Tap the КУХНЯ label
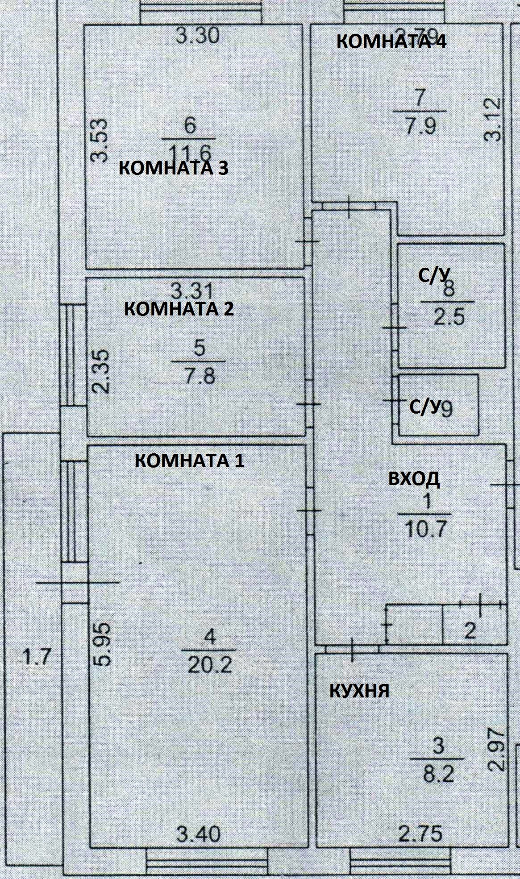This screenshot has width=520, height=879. tap(359, 691)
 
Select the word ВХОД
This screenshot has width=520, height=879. tap(414, 479)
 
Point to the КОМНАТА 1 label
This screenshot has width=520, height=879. tap(189, 460)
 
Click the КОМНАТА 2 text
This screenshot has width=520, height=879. tap(179, 309)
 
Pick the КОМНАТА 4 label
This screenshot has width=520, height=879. tap(391, 41)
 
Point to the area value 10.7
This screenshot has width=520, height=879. tap(425, 530)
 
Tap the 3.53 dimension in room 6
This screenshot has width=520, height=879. tap(99, 140)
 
